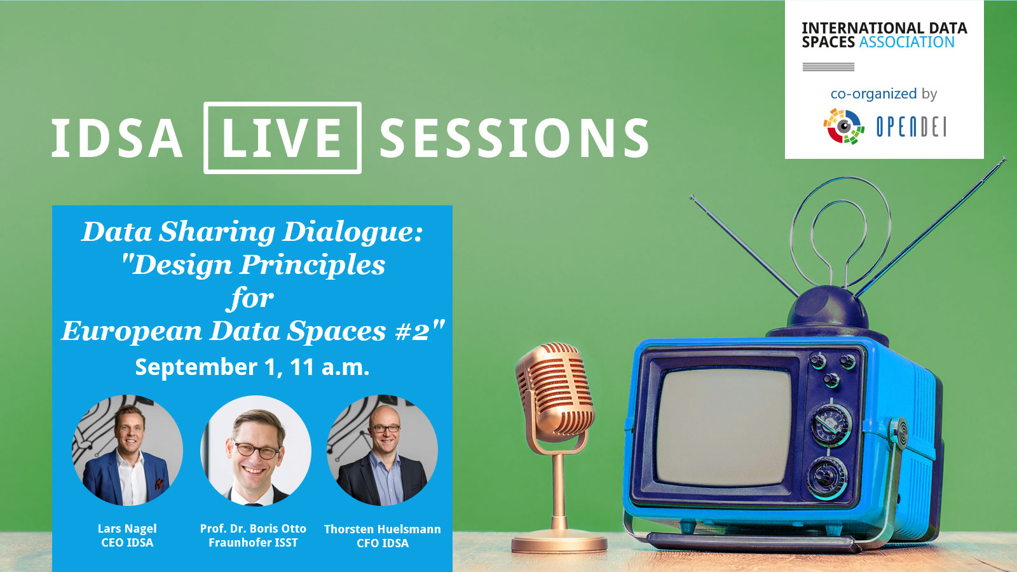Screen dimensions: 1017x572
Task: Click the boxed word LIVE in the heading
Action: pos(282,137)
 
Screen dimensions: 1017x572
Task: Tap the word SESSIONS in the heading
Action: pos(514,138)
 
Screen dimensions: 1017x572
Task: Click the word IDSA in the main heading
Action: pos(117,138)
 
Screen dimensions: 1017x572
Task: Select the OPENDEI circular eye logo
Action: pos(843,126)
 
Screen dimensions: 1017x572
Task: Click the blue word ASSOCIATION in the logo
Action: pos(906,42)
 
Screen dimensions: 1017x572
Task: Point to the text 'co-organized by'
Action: pos(884,94)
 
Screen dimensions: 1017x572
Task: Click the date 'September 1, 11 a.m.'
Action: pos(252,367)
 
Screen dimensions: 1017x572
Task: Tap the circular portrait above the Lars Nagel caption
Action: pos(128,450)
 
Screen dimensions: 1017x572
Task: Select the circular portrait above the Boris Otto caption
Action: pos(256,451)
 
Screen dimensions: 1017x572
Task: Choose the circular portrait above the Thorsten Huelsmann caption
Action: pos(382,450)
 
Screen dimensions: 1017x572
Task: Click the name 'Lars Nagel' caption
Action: pos(127,528)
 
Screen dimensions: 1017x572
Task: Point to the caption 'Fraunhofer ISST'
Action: pos(254,543)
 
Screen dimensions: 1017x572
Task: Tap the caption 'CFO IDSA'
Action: pos(382,543)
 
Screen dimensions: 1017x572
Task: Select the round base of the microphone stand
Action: pos(559,543)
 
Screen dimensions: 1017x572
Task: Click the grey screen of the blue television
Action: pos(724,427)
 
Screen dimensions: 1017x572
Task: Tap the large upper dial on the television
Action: pos(831,425)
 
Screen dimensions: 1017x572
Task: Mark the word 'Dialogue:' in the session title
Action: pos(353,233)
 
